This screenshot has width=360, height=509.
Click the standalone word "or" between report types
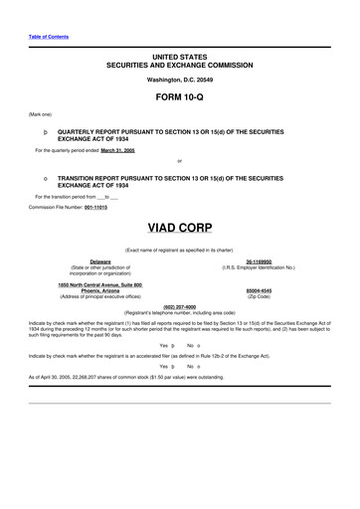(x=179, y=160)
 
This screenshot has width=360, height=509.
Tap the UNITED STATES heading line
(x=179, y=57)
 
